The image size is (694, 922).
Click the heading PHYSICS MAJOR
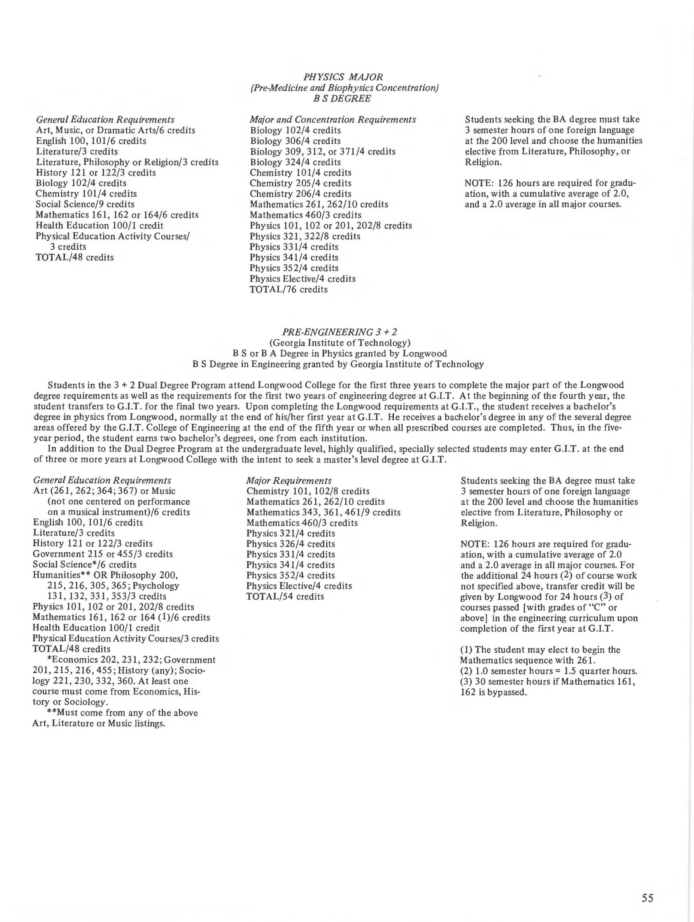click(343, 77)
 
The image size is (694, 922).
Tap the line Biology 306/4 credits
click(295, 141)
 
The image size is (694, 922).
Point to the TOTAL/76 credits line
click(288, 289)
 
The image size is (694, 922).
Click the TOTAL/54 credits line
click(285, 597)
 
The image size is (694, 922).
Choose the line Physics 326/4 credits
click(290, 544)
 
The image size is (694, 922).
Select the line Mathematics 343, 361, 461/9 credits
click(323, 512)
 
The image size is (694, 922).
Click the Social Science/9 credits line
click(85, 204)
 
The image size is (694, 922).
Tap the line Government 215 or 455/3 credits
click(102, 554)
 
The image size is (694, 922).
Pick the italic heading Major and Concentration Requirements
click(332, 119)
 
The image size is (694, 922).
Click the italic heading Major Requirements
click(289, 481)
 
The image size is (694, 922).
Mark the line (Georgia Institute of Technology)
click(340, 343)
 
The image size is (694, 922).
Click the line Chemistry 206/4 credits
click(300, 194)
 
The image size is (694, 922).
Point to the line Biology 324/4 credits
click(295, 162)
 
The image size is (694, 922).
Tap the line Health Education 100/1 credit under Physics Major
click(99, 225)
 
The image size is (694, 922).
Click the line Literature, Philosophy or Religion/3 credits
click(127, 162)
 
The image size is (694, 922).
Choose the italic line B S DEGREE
click(342, 98)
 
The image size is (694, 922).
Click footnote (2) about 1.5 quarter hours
click(548, 671)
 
